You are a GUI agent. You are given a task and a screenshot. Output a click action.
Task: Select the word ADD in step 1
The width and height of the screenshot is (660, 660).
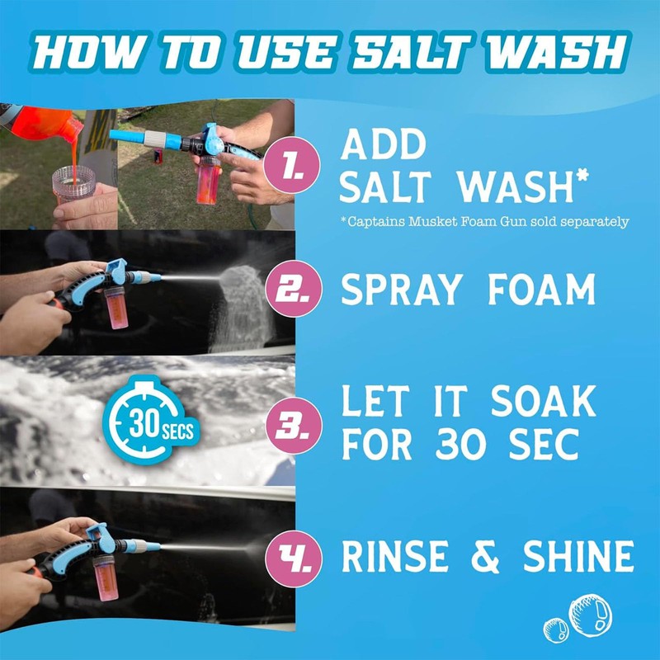(384, 146)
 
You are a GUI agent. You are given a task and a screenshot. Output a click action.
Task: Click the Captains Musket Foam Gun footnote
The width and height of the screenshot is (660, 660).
(486, 221)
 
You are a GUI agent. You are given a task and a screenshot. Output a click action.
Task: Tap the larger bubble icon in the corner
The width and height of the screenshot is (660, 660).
(592, 615)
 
